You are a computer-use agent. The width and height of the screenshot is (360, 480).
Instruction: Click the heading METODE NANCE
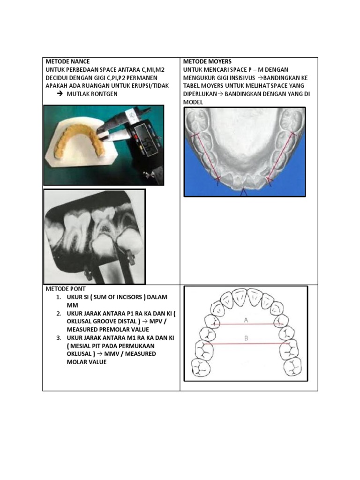click(67, 61)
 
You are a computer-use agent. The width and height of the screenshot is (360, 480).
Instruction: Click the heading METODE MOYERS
click(207, 61)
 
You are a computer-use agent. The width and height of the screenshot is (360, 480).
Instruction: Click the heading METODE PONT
click(65, 289)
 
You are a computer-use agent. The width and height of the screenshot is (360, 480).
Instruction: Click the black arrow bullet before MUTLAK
click(60, 94)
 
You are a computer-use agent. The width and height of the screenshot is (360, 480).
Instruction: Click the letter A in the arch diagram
click(246, 320)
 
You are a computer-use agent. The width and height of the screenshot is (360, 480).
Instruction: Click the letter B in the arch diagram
click(246, 338)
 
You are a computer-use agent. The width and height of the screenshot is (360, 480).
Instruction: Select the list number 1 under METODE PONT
click(59, 297)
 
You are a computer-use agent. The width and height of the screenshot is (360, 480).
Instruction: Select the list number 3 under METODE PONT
click(59, 337)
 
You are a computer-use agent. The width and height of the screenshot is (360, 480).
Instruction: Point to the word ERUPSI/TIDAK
click(150, 86)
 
